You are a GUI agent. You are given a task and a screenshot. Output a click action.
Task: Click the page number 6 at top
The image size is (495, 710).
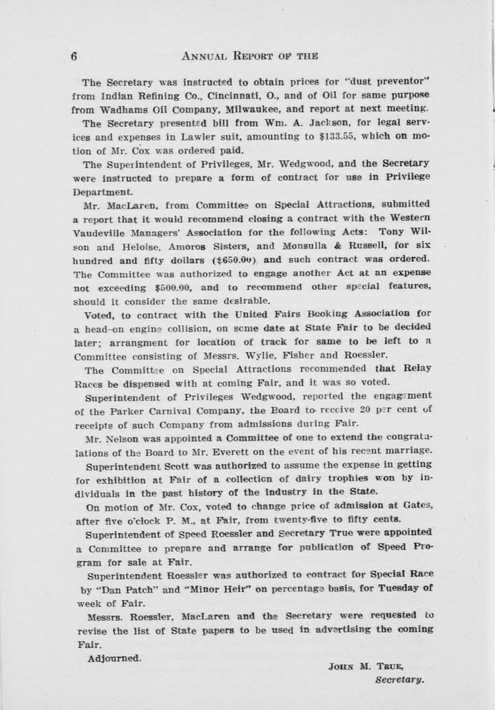point(74,57)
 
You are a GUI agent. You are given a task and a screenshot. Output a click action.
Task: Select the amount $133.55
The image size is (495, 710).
point(340,136)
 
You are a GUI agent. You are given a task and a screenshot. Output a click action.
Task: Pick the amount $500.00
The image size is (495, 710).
point(173,288)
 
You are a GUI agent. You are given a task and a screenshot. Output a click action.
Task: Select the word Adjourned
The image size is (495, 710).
point(114,658)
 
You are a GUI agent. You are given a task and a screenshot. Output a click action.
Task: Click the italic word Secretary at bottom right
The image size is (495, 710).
point(400,680)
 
